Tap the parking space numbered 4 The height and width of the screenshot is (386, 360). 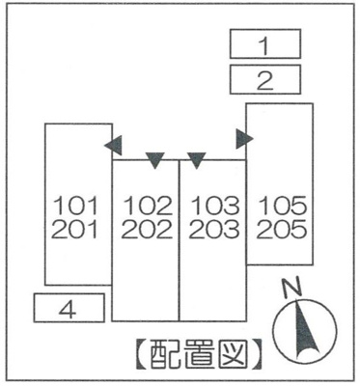click(x=68, y=309)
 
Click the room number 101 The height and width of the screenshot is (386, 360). click(x=77, y=206)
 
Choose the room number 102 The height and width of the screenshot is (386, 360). click(x=147, y=206)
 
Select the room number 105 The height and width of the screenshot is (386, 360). click(x=282, y=206)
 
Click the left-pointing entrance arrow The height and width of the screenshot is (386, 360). click(x=113, y=146)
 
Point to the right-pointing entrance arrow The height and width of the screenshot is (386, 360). click(x=244, y=138)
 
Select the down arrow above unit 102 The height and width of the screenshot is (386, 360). click(x=154, y=159)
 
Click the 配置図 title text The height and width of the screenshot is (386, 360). click(x=197, y=357)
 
